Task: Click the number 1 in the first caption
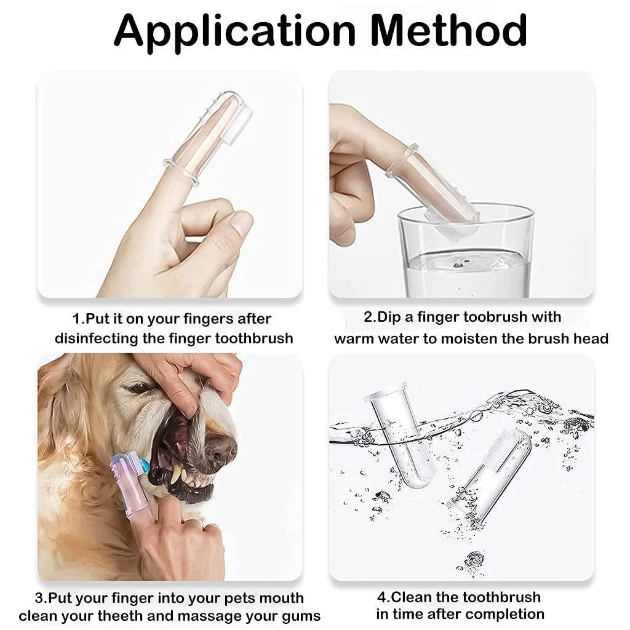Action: click(x=76, y=319)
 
